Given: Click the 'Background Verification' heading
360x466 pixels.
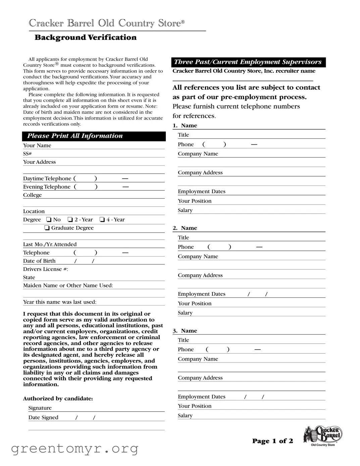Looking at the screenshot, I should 86,38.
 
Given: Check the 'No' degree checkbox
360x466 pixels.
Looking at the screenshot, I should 49,220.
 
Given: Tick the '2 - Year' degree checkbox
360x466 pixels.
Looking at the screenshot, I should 70,220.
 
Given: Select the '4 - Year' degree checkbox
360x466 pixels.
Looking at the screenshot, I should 102,220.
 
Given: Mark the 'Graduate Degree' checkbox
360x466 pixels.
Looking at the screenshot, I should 47,228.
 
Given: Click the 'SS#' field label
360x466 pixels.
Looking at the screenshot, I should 27,154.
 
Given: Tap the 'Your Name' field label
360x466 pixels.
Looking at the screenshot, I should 37,146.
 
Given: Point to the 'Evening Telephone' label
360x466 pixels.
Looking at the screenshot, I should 47,187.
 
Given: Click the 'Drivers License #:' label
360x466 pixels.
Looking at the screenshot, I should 45,269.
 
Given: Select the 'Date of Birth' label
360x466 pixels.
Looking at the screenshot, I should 39,261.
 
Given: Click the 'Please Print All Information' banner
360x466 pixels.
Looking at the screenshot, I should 75,136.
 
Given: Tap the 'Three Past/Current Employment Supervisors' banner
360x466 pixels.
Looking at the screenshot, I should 248,62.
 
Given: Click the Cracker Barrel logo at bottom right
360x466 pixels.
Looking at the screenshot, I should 322,436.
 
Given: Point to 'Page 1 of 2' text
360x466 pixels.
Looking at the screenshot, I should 272,441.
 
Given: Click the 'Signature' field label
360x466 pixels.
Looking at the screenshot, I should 40,408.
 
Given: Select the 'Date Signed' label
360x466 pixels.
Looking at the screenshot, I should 43,418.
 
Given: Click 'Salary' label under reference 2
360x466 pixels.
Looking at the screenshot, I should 185,313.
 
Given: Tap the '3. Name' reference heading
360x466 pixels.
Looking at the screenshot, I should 185,331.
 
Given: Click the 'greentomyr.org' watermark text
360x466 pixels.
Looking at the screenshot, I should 74,449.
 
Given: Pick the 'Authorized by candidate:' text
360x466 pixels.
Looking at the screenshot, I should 58,399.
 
